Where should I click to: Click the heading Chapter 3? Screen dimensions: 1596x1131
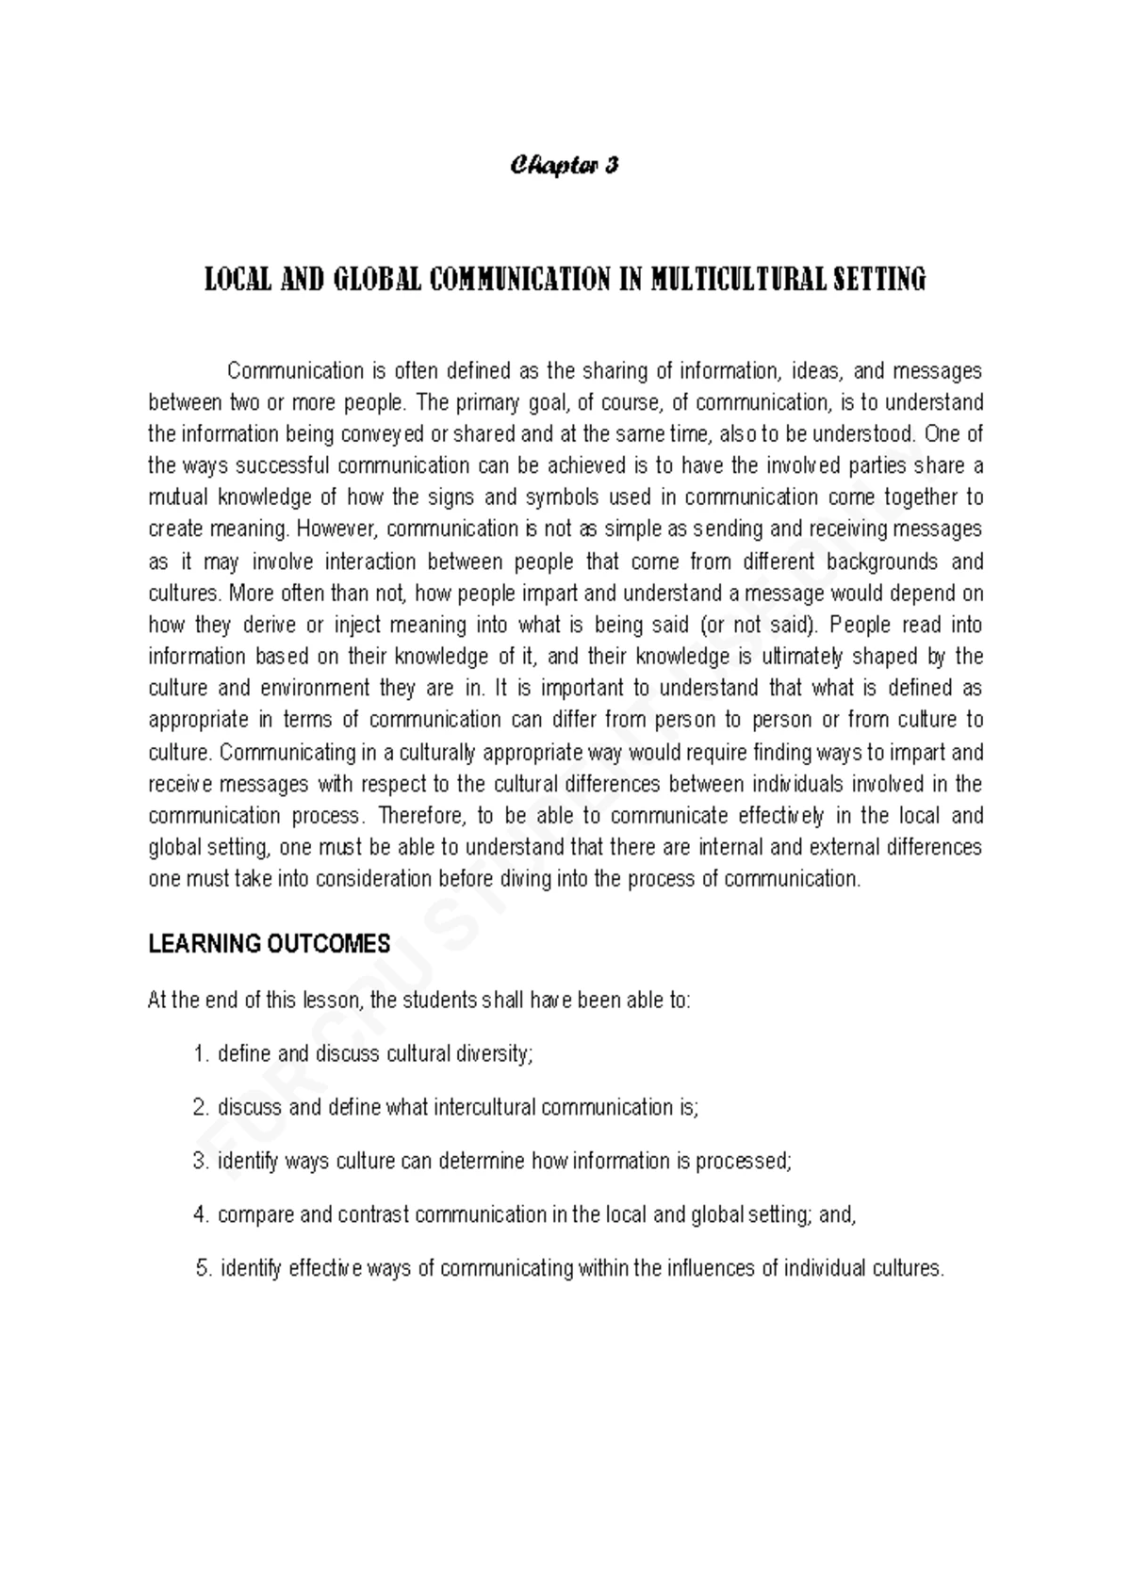point(565,167)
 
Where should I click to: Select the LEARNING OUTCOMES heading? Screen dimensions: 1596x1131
point(269,944)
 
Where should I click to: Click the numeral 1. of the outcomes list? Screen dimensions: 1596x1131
point(199,1054)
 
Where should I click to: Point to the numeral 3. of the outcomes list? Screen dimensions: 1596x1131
point(199,1162)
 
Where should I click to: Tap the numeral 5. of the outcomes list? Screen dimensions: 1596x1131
point(203,1269)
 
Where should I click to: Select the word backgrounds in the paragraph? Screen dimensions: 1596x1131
point(881,562)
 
